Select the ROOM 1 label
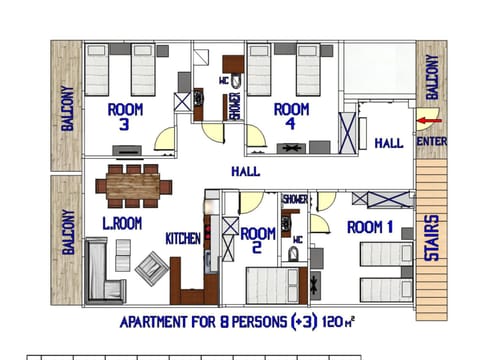tap(370, 228)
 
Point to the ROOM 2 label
tap(258, 241)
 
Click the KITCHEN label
tap(184, 238)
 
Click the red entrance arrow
tap(429, 123)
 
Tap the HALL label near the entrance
tap(389, 144)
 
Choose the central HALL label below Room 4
tap(245, 172)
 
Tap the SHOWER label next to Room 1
tap(295, 199)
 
